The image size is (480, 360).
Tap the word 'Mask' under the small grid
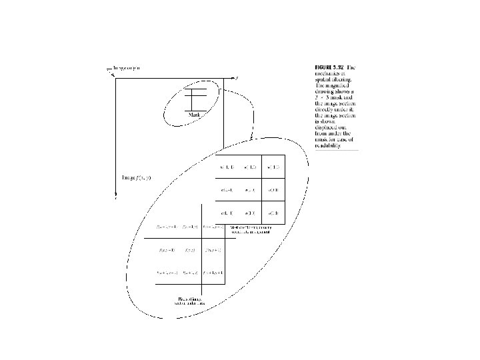click(195, 115)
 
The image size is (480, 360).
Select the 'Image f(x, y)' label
click(136, 177)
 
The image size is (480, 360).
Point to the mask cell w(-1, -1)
click(226, 166)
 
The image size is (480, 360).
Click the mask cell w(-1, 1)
click(272, 166)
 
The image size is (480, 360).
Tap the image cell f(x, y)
click(190, 250)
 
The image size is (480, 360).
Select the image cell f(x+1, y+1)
click(213, 273)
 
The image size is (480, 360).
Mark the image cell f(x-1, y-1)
click(165, 227)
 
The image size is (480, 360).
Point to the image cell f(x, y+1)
click(213, 250)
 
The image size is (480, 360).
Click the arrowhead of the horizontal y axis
click(235, 79)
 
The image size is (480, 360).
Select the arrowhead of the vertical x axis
click(116, 197)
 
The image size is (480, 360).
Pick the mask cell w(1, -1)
click(226, 213)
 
